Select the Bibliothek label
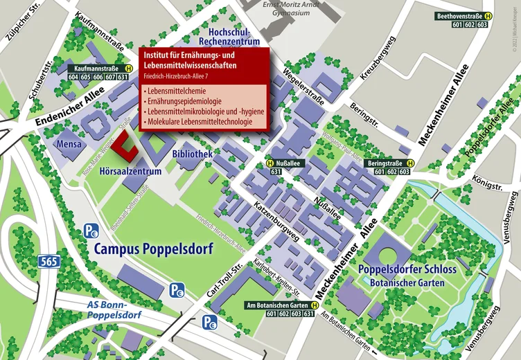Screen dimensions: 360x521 click(x=192, y=154)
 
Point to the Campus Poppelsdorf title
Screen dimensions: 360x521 click(x=153, y=249)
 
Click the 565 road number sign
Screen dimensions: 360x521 click(x=49, y=261)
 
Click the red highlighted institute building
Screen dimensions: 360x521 click(x=125, y=146)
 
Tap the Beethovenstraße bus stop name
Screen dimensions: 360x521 click(x=459, y=15)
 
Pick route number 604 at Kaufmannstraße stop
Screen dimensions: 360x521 click(x=74, y=77)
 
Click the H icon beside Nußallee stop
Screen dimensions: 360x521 click(x=271, y=163)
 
